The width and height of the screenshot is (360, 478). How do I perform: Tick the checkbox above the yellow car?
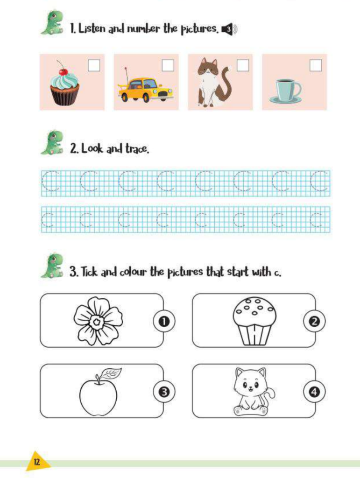pos(168,65)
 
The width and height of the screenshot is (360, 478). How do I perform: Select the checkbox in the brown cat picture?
pos(243,65)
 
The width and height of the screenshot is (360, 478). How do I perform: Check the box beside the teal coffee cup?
pos(316,65)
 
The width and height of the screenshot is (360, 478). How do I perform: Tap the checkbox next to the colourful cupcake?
pos(94,65)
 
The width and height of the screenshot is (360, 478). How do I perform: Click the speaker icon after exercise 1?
pos(229,29)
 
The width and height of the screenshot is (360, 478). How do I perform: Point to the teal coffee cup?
pos(286,91)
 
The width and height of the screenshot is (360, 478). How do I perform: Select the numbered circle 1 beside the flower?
pos(164,321)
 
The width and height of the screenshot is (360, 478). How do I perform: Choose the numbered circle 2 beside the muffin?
pos(314,321)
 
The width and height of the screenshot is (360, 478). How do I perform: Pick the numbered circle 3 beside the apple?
pos(164,392)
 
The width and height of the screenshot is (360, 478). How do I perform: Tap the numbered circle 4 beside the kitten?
pos(314,392)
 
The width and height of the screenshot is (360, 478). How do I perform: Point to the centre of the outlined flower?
pos(97,321)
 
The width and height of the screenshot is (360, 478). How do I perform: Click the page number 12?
pos(36,462)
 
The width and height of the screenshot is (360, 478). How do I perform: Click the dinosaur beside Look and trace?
pos(52,143)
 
